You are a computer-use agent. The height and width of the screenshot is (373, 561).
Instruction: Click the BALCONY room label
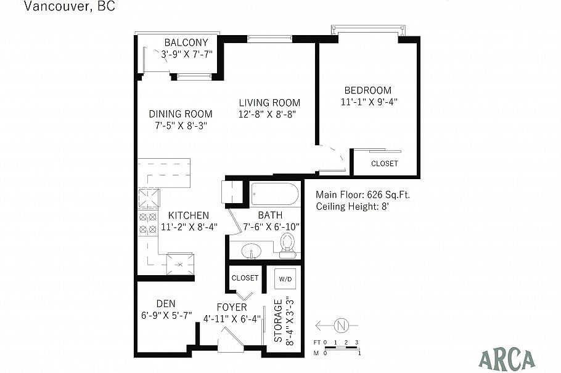[186, 42]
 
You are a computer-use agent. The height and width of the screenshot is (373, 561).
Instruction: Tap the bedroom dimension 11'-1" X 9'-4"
[367, 102]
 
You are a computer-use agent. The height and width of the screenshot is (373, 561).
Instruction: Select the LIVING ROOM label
[269, 103]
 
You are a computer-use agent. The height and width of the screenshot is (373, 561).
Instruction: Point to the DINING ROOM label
[181, 114]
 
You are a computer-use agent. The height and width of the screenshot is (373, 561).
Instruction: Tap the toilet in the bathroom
[287, 246]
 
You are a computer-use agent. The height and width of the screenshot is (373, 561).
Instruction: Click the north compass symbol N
[340, 325]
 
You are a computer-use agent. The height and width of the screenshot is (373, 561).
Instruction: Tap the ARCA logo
[507, 358]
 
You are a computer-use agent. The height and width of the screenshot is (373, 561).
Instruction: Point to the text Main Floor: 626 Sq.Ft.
[362, 195]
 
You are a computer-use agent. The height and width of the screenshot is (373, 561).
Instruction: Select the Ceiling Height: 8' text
[352, 207]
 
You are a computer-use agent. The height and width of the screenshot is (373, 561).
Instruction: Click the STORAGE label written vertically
[278, 321]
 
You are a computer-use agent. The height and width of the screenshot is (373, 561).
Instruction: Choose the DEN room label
[165, 303]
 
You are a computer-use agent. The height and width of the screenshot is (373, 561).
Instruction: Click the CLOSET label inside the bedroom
[384, 164]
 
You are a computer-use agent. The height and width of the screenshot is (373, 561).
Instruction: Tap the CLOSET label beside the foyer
[245, 278]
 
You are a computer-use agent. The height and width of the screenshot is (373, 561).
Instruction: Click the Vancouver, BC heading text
[68, 7]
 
